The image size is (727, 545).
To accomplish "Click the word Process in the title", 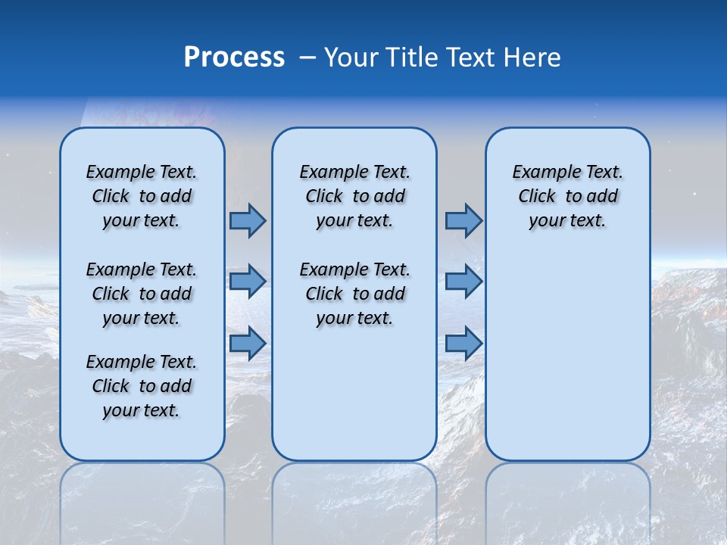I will pyautogui.click(x=234, y=58).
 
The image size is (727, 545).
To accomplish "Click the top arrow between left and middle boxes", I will pyautogui.click(x=248, y=220).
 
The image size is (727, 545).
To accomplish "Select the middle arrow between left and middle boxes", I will pyautogui.click(x=248, y=282).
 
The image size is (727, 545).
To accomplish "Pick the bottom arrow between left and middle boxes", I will pyautogui.click(x=248, y=343).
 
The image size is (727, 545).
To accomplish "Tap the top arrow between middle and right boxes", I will pyautogui.click(x=463, y=220).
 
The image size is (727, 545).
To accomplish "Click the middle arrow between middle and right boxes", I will pyautogui.click(x=463, y=282).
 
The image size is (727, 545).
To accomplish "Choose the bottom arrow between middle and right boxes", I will pyautogui.click(x=463, y=343).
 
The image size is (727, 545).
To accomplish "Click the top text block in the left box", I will pyautogui.click(x=142, y=196).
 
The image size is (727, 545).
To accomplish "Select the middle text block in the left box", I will pyautogui.click(x=142, y=294).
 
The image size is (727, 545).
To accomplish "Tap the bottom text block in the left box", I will pyautogui.click(x=142, y=386).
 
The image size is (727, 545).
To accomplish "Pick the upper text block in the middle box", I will pyautogui.click(x=354, y=196).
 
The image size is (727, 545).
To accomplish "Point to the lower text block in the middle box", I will pyautogui.click(x=354, y=294).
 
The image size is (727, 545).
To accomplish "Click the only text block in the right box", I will pyautogui.click(x=567, y=196).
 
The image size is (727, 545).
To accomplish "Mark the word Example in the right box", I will pyautogui.click(x=541, y=173).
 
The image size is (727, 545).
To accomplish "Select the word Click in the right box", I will pyautogui.click(x=537, y=197).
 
